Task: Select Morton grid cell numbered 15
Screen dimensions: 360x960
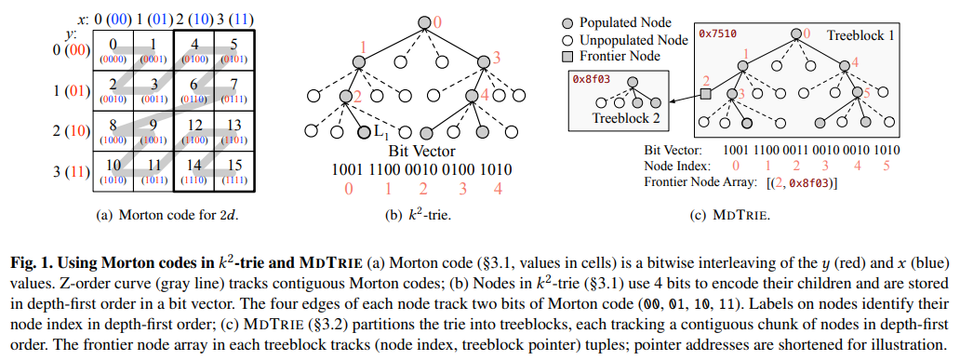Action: [x=233, y=170]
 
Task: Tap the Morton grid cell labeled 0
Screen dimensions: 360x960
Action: [x=112, y=47]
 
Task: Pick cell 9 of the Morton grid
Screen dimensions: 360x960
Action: [x=153, y=129]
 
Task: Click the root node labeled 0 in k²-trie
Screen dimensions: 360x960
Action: [x=424, y=22]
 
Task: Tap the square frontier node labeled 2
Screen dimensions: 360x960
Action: [x=705, y=94]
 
